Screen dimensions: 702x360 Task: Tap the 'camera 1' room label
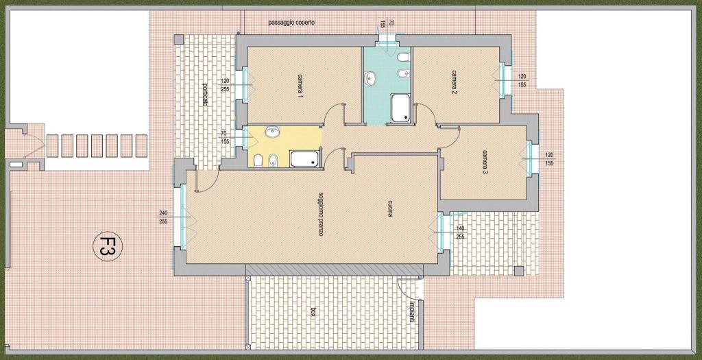(299, 85)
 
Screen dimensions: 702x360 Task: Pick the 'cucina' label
(390, 208)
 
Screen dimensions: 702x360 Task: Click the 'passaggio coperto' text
(291, 22)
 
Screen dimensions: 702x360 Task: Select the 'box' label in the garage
(313, 313)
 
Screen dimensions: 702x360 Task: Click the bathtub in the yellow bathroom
(305, 158)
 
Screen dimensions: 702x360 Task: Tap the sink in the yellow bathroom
(272, 132)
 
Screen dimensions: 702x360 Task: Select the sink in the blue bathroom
(370, 78)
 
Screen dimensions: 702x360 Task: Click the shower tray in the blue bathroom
(400, 108)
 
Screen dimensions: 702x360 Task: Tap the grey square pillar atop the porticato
(179, 39)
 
